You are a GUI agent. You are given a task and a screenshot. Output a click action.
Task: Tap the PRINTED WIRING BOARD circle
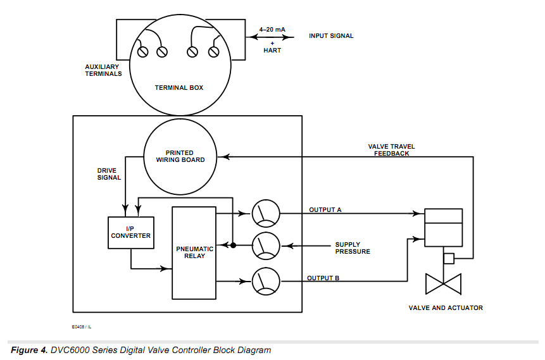coord(180,156)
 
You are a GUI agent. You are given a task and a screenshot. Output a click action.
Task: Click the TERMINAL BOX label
coord(179,87)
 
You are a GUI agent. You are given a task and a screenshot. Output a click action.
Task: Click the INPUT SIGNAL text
coord(331,36)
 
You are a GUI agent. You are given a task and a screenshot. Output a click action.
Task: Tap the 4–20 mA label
coord(272,28)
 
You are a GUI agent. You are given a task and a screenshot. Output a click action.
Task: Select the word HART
coord(272,50)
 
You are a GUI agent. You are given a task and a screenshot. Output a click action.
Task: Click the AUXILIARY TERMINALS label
coord(103,70)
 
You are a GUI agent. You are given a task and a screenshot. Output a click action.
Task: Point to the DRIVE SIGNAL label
coord(109,174)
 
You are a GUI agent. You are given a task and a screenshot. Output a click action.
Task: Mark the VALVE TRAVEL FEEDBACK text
coord(391,150)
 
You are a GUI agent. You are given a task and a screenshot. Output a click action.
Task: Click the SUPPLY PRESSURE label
coord(353,248)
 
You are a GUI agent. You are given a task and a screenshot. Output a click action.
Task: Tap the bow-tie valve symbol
coord(443,283)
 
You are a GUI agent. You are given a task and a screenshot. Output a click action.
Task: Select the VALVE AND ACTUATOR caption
coord(446,307)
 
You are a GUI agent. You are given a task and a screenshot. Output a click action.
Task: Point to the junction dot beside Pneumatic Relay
coord(234,245)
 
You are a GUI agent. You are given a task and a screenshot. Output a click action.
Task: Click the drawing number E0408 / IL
coord(82,327)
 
